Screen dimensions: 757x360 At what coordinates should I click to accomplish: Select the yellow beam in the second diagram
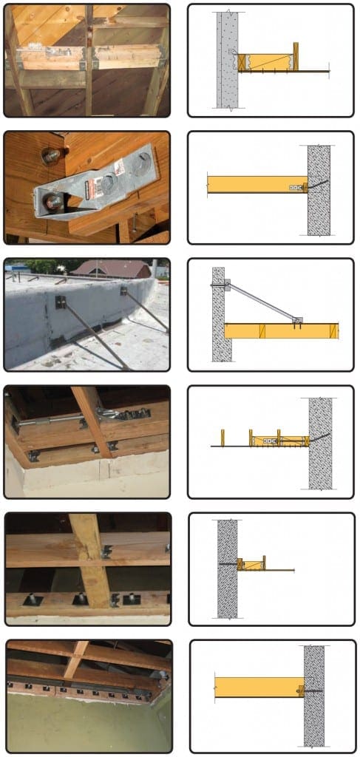251,184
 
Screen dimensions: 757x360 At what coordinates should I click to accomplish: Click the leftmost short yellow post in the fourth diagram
222,438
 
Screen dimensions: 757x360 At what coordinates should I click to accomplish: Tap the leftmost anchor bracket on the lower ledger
32,600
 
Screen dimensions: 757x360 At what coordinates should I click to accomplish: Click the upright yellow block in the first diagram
295,56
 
